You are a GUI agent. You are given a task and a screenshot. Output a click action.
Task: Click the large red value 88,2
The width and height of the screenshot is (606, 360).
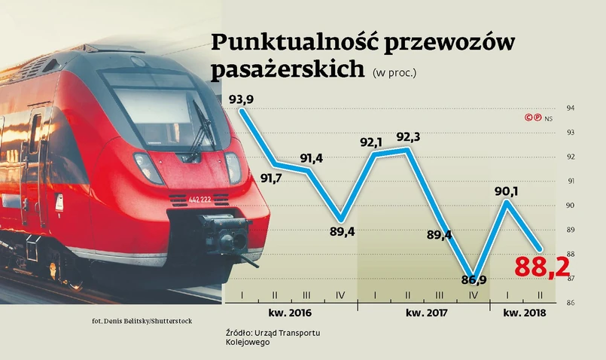pos(542,267)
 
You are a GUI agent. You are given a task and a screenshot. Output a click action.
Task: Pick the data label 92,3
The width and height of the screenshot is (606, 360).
pos(409,136)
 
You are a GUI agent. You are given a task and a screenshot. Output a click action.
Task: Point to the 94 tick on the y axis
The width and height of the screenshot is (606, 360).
pos(570,108)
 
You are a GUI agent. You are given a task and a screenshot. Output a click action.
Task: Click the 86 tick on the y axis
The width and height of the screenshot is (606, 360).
pos(570,303)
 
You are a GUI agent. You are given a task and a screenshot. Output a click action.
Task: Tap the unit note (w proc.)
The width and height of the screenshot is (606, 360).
pos(394,73)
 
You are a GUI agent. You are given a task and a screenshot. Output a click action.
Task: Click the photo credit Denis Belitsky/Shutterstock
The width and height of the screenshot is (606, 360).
pos(142,321)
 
